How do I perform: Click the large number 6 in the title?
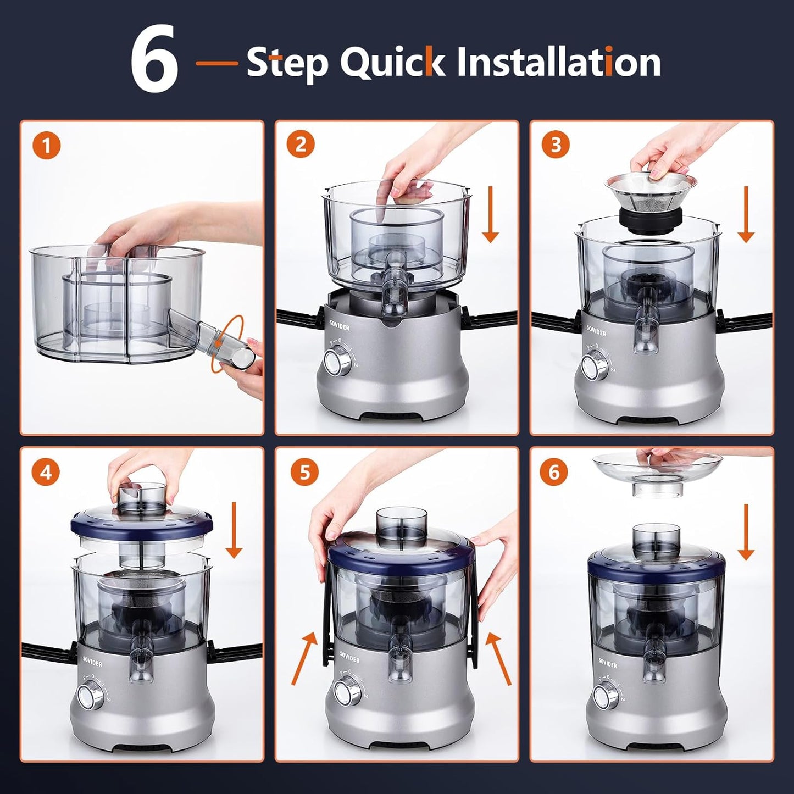[x=154, y=60]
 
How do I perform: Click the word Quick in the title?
[x=393, y=62]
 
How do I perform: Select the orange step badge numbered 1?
[x=47, y=146]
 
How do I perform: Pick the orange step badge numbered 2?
[x=302, y=145]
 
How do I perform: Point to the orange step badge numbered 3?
[x=556, y=145]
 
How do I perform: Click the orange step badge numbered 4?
[x=47, y=472]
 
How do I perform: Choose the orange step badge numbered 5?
[x=303, y=472]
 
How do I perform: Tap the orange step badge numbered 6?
[x=554, y=472]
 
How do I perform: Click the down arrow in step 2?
[x=491, y=214]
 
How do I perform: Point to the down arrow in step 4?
[x=234, y=530]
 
